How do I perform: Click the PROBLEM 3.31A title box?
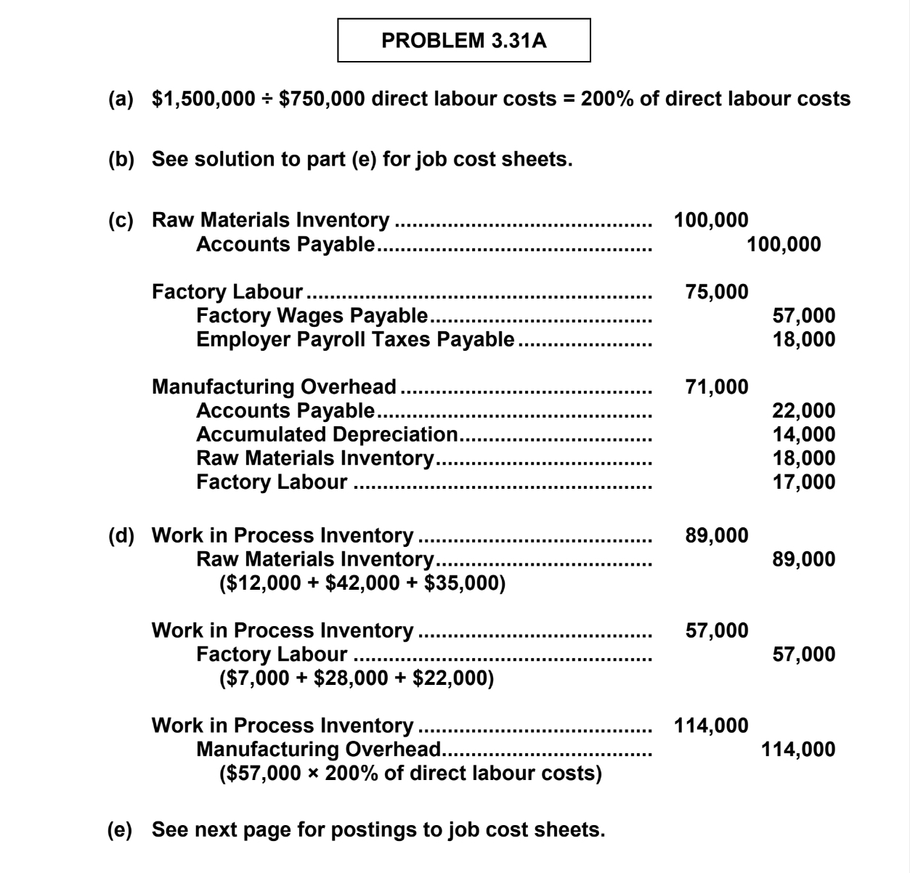pyautogui.click(x=464, y=41)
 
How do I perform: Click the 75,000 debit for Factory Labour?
pyautogui.click(x=717, y=292)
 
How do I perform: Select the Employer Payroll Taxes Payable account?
pyautogui.click(x=355, y=339)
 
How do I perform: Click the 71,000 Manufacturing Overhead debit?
pyautogui.click(x=717, y=387)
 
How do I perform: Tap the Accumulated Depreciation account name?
pyautogui.click(x=327, y=434)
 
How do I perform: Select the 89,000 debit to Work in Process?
pyautogui.click(x=717, y=536)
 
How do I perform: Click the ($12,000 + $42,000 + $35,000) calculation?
pyautogui.click(x=362, y=583)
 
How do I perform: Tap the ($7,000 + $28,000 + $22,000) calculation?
pyautogui.click(x=356, y=678)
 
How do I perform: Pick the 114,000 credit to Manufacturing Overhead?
pyautogui.click(x=798, y=750)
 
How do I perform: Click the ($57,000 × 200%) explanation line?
pyautogui.click(x=410, y=773)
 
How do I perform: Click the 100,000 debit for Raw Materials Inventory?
pyautogui.click(x=711, y=220)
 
